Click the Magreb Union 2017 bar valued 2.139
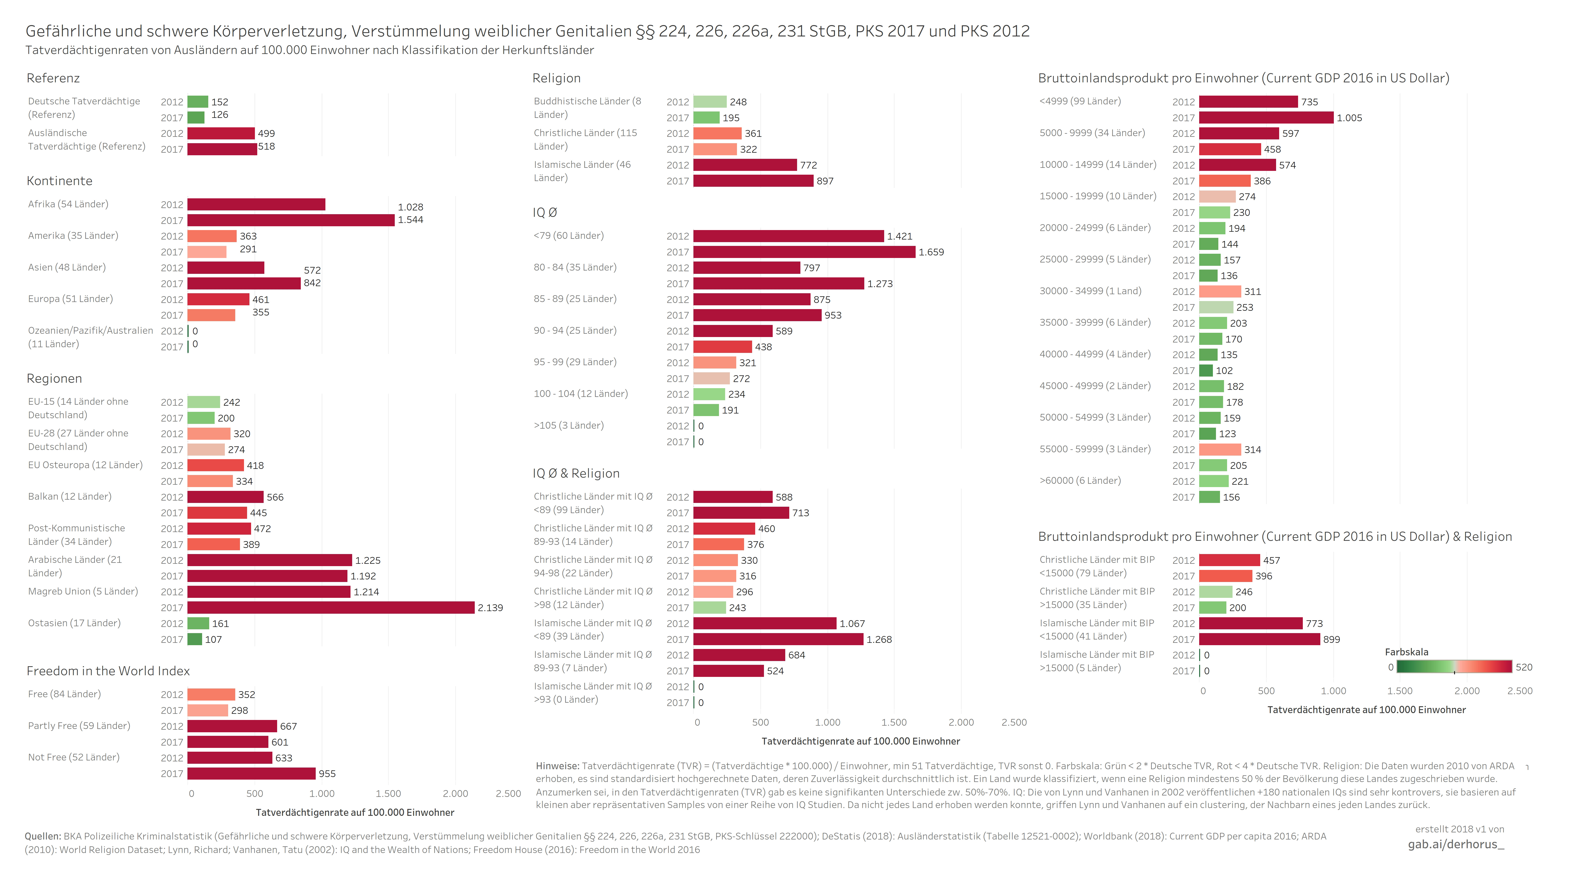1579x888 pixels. [331, 607]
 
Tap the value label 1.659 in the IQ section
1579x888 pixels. [931, 252]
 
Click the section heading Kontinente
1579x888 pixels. [59, 181]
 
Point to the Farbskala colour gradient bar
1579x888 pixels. [1454, 667]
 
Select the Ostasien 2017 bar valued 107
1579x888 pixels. [195, 639]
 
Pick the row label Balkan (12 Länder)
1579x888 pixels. [70, 496]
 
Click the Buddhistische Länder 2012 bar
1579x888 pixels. [710, 102]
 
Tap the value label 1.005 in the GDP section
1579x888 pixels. [1349, 118]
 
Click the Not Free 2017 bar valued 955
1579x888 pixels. [251, 773]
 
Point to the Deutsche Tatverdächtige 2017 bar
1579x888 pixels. [196, 118]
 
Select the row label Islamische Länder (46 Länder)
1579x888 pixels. [582, 171]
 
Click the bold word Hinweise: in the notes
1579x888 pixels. [557, 766]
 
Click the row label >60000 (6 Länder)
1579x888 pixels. [1080, 480]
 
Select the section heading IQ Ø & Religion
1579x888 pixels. [576, 473]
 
